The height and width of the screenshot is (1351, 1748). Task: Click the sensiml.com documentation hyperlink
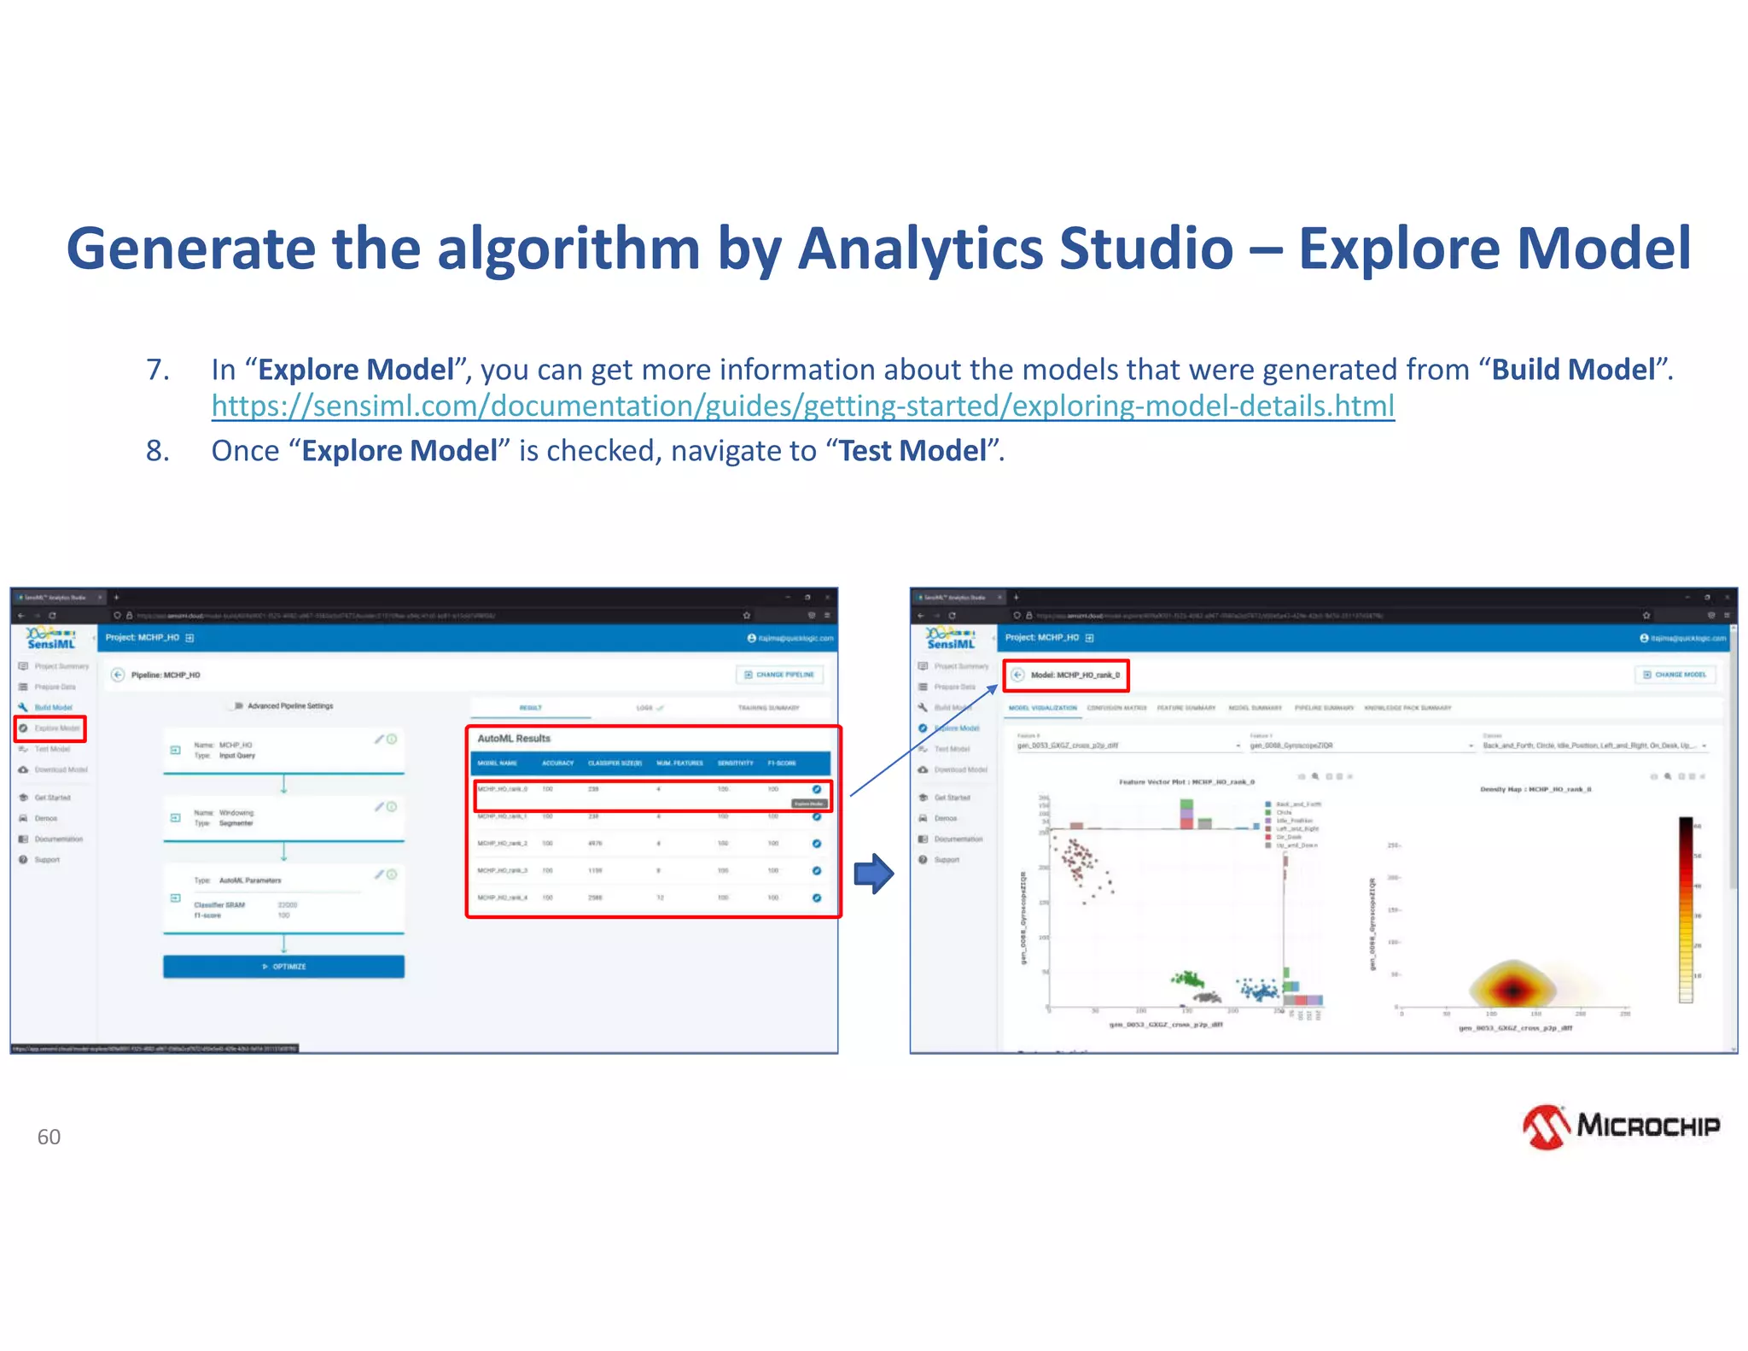(x=802, y=406)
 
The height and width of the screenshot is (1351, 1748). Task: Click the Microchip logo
(x=1621, y=1126)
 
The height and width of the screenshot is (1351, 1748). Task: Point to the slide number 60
(x=49, y=1137)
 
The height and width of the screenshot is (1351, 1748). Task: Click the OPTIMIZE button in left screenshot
(x=283, y=967)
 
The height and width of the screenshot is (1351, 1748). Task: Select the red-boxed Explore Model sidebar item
(x=50, y=728)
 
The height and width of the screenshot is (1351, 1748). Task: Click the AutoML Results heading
(x=514, y=739)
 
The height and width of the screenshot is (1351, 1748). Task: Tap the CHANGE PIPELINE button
(x=779, y=675)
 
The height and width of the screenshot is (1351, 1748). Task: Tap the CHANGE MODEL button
(x=1675, y=675)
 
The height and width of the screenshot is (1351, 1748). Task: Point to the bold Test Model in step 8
(x=912, y=450)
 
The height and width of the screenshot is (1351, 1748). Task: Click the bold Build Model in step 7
(x=1572, y=369)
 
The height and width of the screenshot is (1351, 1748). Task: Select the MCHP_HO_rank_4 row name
(x=503, y=898)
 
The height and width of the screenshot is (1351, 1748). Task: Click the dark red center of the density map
(x=1512, y=990)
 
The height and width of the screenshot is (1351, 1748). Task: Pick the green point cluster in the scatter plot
(x=1186, y=978)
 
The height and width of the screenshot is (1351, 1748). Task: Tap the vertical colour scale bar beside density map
(x=1686, y=909)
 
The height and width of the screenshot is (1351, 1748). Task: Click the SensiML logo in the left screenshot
(x=52, y=638)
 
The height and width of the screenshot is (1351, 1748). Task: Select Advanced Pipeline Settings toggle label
(x=290, y=706)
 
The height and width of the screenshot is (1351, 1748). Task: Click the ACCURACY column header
(x=557, y=763)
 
